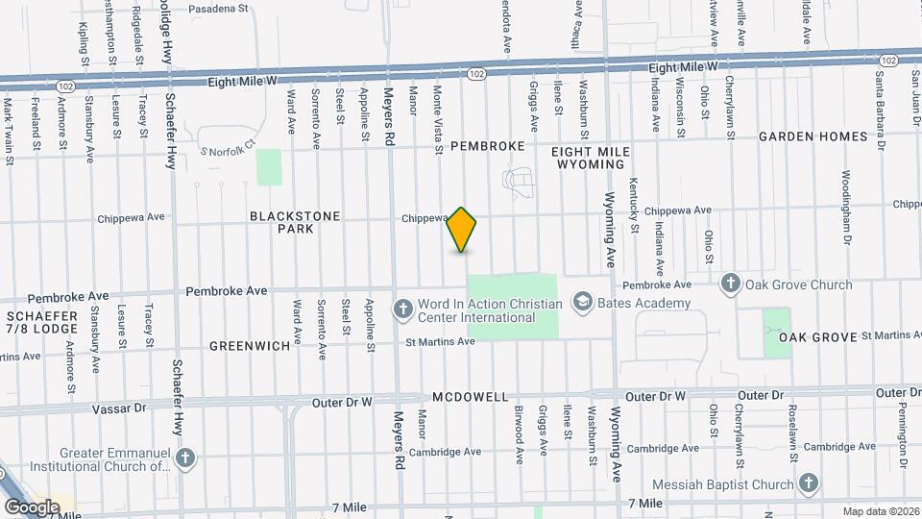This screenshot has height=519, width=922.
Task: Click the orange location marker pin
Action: point(462,230)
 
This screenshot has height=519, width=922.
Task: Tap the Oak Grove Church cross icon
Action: point(731,284)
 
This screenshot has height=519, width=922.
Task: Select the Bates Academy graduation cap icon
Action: point(581,303)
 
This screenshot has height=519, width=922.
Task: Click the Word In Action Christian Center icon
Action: point(402,309)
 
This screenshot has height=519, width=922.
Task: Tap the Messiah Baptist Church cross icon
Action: point(810,483)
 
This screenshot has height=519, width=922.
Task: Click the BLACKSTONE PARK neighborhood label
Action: point(295,223)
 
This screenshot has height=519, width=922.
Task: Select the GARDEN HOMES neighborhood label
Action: point(813,136)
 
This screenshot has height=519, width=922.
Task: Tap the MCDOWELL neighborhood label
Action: point(470,397)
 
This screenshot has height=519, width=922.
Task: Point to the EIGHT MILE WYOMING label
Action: point(591,159)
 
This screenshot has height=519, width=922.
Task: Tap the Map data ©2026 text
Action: point(880,510)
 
